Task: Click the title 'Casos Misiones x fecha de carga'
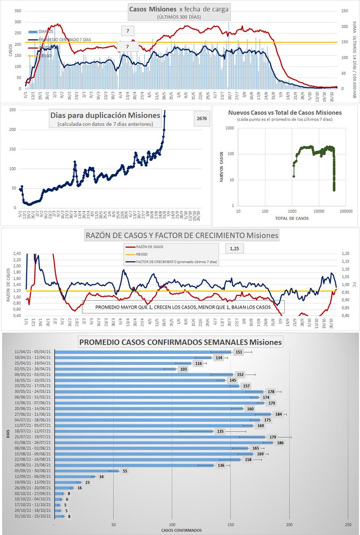[179, 9]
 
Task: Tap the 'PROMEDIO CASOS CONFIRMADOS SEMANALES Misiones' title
[180, 342]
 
